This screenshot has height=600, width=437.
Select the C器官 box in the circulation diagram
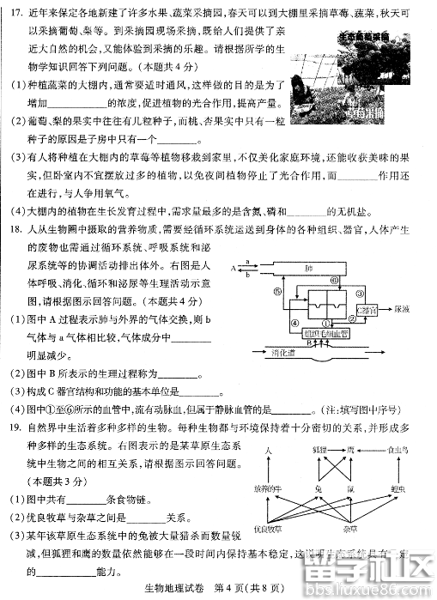[x=367, y=310]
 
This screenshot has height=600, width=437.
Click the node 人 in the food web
[x=268, y=450]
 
